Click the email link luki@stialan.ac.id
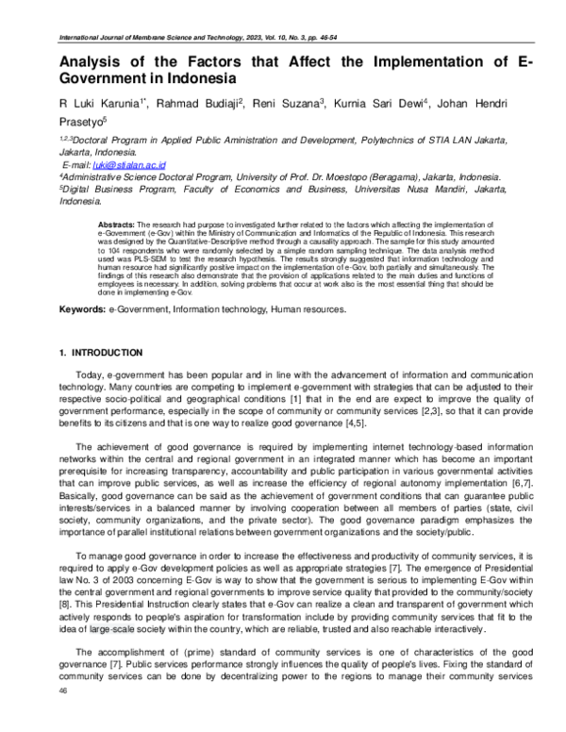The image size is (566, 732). [117, 163]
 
